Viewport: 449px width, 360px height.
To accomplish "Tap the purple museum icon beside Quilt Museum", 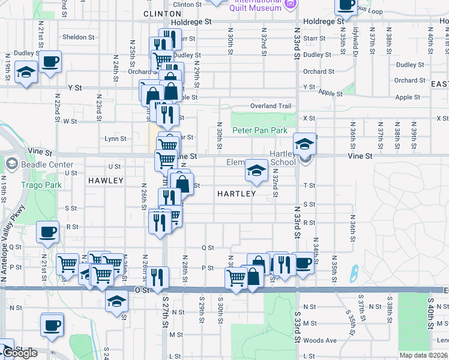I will pos(291,5).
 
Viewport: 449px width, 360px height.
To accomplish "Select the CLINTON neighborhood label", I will pos(163,13).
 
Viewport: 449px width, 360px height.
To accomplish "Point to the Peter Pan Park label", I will pos(260,130).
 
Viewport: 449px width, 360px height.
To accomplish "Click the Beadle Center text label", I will pos(47,164).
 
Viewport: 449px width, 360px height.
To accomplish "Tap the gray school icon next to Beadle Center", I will pos(11,164).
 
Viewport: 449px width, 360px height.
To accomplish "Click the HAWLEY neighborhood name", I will pos(106,180).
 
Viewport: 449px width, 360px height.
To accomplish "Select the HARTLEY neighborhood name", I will pos(236,194).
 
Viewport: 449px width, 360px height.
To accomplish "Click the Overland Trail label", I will pos(271,106).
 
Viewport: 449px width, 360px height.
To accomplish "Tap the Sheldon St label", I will pos(79,37).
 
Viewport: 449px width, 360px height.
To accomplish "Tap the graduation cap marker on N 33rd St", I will pos(304,144).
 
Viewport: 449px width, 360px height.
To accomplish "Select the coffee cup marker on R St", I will pos(47,232).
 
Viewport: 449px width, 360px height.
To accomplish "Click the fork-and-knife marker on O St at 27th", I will pos(157,277).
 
